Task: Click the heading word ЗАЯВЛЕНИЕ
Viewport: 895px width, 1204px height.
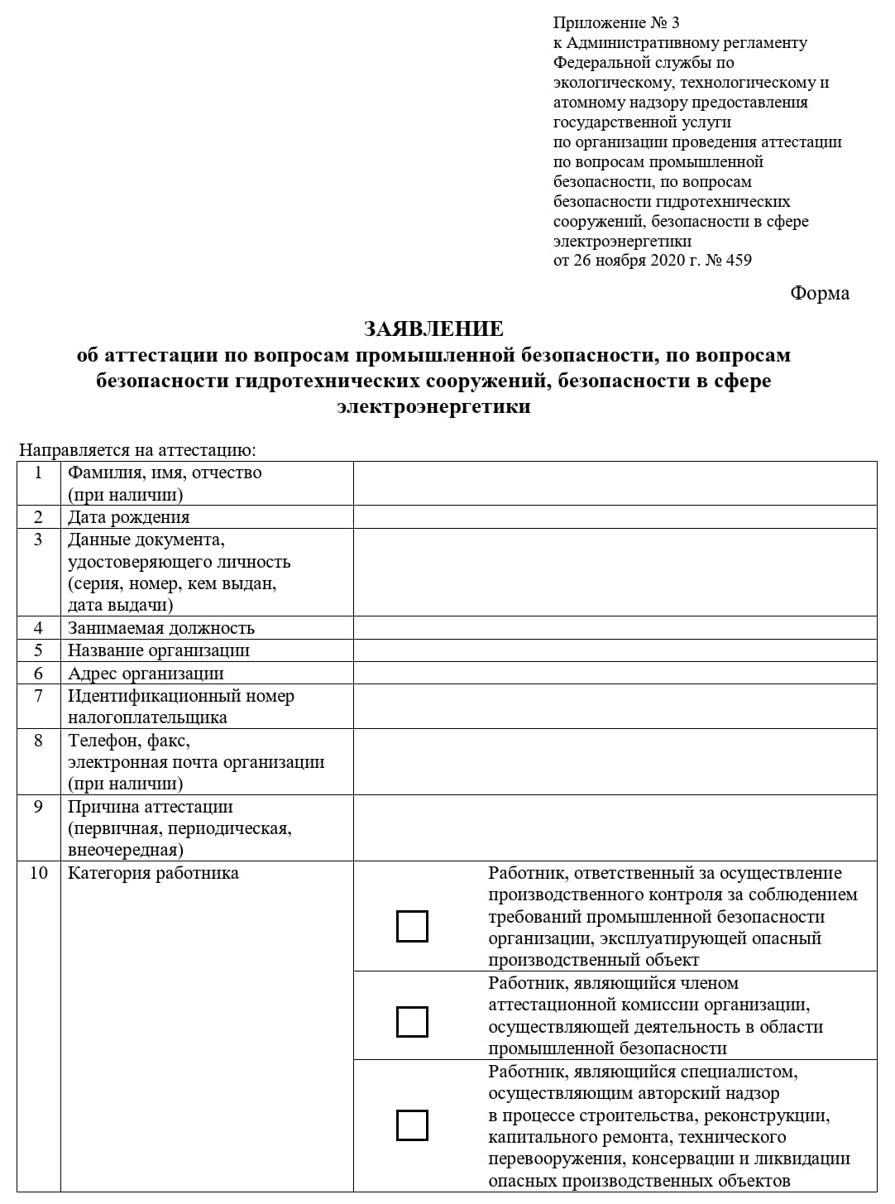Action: coord(433,329)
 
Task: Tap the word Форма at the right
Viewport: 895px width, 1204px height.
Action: coord(819,293)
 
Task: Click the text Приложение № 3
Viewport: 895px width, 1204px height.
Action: coord(616,22)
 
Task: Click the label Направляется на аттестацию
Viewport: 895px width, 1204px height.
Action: coord(137,451)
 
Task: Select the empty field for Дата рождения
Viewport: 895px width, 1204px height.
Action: coord(615,517)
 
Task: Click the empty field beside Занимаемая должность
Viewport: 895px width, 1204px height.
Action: coord(615,628)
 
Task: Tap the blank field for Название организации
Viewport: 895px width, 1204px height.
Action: coord(615,650)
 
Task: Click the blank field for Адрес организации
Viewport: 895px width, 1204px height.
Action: coord(615,673)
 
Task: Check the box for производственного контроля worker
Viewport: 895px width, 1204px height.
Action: coord(412,926)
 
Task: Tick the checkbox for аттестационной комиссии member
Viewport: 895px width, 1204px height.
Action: coord(412,1021)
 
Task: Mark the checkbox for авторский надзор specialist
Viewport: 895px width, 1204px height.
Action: coord(412,1125)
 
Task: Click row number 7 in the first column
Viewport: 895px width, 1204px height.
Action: coord(38,696)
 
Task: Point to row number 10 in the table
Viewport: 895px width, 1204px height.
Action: coord(38,873)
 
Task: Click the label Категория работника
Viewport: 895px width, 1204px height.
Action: coord(153,873)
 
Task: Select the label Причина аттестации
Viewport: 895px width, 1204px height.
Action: coord(150,807)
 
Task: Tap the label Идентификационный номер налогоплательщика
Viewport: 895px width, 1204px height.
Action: coord(180,707)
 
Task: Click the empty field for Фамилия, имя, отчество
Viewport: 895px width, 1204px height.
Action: coord(615,483)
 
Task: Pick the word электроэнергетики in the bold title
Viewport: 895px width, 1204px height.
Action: coord(433,407)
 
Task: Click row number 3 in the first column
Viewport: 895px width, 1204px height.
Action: coord(38,540)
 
